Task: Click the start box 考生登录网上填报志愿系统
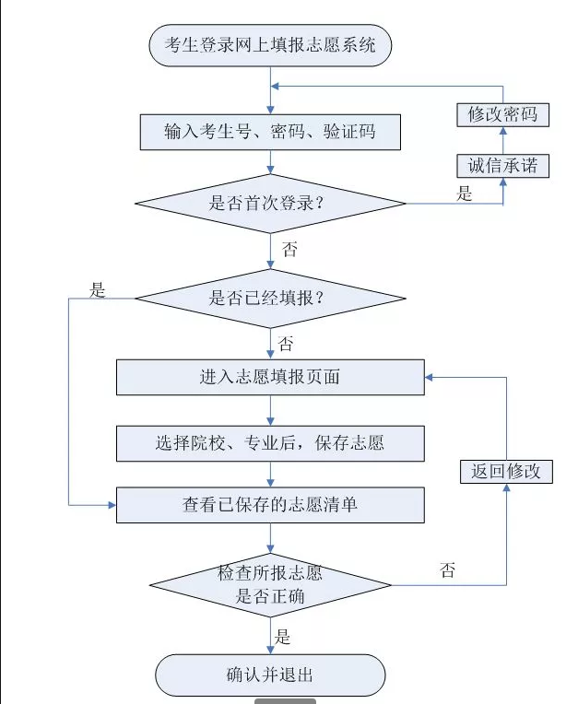point(270,46)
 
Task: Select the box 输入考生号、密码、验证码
point(270,132)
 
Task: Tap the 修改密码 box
point(502,114)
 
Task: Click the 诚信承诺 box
point(502,166)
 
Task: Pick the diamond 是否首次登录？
point(270,204)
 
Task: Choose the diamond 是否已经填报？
point(270,298)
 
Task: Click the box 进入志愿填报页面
point(270,377)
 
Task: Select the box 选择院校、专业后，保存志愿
point(270,443)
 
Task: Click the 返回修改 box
point(506,472)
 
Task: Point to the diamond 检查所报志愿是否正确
point(270,584)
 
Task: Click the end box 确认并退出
point(270,675)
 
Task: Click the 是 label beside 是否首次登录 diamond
point(466,194)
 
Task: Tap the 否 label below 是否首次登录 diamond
point(289,250)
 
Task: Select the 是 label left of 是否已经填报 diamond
point(98,290)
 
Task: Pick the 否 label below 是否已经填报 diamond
point(286,345)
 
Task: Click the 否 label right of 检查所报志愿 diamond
point(448,570)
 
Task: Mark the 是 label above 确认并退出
point(283,636)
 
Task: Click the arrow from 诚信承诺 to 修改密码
point(502,140)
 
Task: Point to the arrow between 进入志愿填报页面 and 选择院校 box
point(270,410)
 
